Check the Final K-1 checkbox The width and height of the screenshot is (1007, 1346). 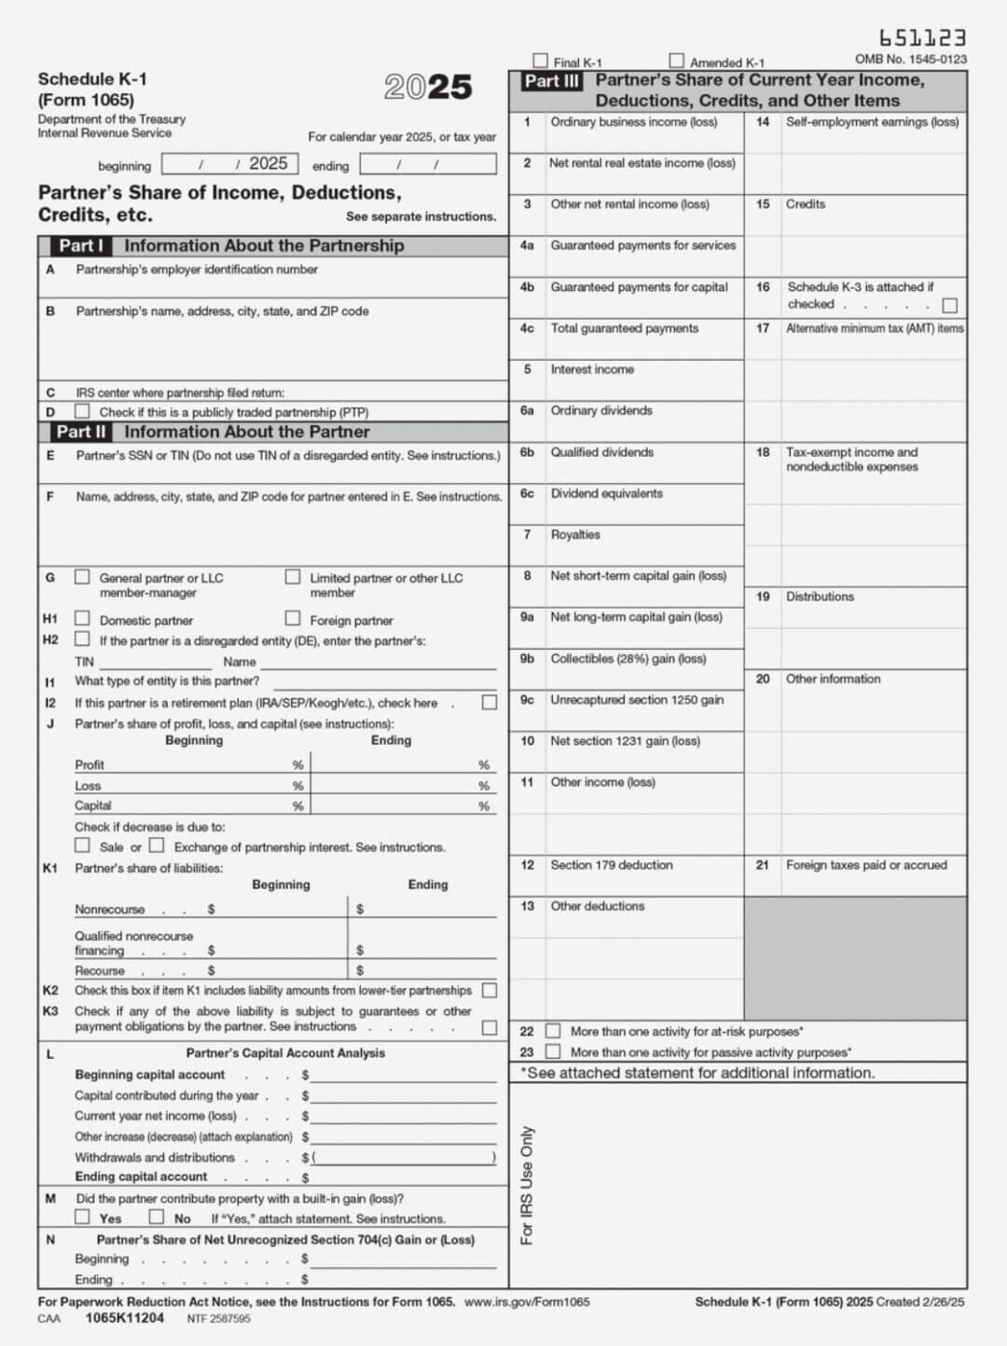[540, 62]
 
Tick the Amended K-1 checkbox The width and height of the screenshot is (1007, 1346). [676, 62]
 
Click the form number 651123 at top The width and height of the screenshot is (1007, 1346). [921, 38]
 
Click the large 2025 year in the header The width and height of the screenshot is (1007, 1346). [428, 88]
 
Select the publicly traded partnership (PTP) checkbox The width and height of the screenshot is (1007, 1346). [83, 411]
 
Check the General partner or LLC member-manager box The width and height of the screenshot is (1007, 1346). [83, 577]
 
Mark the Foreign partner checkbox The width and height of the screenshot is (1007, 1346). [293, 619]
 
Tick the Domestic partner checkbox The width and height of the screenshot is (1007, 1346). [83, 619]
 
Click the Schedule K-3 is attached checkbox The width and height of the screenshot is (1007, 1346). [949, 306]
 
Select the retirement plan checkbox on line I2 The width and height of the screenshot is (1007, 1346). [489, 703]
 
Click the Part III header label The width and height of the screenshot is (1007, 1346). [551, 81]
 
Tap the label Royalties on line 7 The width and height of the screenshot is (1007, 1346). [574, 535]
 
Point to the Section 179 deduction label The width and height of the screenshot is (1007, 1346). [611, 865]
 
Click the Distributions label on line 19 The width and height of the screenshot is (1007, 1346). [819, 597]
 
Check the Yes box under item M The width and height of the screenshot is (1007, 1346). [83, 1217]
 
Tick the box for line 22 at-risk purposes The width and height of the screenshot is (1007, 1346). [553, 1031]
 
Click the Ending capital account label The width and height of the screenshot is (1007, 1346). [141, 1177]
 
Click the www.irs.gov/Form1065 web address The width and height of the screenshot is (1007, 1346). [527, 1302]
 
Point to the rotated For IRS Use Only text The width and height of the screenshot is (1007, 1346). [527, 1185]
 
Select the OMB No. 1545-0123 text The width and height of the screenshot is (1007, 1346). [910, 60]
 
